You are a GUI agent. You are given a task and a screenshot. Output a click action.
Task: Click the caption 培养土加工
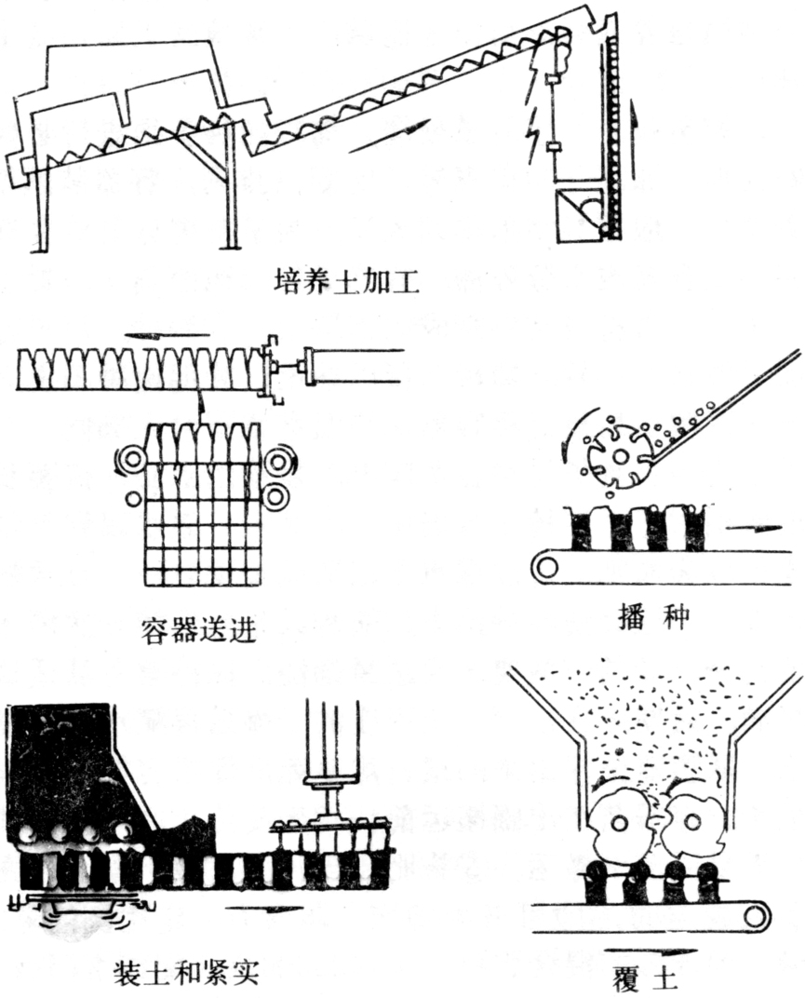point(347,279)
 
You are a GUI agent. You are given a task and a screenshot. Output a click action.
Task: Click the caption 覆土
point(651,978)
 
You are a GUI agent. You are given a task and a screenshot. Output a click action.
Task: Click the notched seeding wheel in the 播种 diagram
point(617,459)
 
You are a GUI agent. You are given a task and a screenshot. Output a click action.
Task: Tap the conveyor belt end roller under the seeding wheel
point(546,564)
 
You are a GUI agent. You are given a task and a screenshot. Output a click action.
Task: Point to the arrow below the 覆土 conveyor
point(650,951)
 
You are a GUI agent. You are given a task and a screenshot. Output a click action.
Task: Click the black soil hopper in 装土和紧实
point(65,763)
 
